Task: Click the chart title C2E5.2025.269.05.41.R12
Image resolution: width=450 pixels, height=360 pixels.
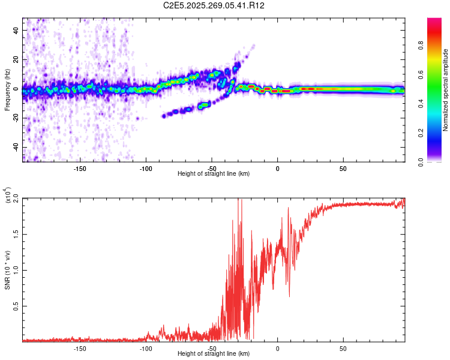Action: pyautogui.click(x=214, y=5)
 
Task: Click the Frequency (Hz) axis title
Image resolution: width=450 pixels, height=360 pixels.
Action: pyautogui.click(x=8, y=90)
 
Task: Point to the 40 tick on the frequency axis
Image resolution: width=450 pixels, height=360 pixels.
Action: pyautogui.click(x=17, y=29)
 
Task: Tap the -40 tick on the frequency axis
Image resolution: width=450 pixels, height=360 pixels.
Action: pyautogui.click(x=17, y=147)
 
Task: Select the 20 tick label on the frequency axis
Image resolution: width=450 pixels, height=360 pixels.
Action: pyautogui.click(x=17, y=59)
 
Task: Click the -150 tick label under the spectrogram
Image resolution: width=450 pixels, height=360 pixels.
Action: pyautogui.click(x=80, y=169)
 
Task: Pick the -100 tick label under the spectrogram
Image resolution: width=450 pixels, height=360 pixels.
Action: pyautogui.click(x=146, y=169)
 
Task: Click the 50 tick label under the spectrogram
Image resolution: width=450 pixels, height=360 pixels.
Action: pyautogui.click(x=343, y=169)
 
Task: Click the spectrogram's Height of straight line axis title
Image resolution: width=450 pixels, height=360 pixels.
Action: pyautogui.click(x=214, y=174)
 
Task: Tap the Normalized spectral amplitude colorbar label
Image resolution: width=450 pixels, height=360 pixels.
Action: pyautogui.click(x=446, y=90)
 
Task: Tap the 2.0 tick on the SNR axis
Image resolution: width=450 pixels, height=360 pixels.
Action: pyautogui.click(x=17, y=198)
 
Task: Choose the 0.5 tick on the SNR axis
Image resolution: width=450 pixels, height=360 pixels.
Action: pyautogui.click(x=17, y=306)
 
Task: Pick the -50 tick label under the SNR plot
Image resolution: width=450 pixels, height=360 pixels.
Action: pyautogui.click(x=211, y=348)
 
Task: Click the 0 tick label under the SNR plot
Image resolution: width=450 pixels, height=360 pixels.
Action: pyautogui.click(x=277, y=348)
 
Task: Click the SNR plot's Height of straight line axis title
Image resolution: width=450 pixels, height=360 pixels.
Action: pyautogui.click(x=214, y=354)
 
